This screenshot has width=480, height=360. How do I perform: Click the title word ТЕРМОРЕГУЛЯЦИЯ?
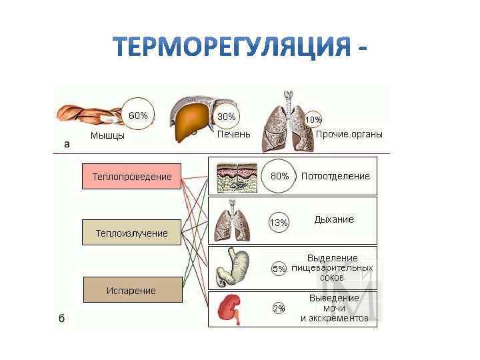231,47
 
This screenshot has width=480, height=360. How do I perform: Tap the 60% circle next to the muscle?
138,115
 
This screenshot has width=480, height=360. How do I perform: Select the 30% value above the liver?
227,117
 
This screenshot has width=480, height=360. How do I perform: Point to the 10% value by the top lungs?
313,119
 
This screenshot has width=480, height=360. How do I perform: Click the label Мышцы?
107,136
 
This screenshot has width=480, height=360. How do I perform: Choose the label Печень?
234,134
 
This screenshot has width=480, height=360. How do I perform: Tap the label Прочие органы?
349,134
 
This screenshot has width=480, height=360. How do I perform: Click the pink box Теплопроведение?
131,177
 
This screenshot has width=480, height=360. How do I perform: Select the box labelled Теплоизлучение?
131,233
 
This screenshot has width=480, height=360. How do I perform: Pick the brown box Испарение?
131,291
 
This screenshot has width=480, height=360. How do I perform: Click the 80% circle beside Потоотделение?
279,177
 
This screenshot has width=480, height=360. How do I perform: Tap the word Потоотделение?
335,177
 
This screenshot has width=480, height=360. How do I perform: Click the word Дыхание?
334,219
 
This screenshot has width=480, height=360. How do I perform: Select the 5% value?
279,269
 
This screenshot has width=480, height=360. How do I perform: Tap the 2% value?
279,309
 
